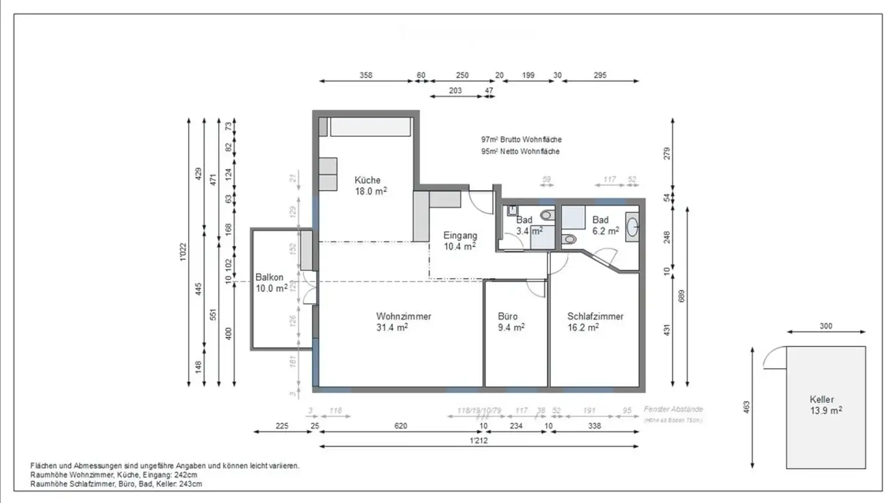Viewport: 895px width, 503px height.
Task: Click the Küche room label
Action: (x=367, y=186)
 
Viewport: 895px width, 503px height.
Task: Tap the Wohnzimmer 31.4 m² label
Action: (x=403, y=322)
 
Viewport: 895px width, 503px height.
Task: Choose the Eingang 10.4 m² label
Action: (x=460, y=241)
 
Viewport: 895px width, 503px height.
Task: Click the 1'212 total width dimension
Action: (x=478, y=440)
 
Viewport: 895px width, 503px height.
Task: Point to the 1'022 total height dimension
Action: (x=183, y=251)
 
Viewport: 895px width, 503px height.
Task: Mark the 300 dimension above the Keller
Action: (x=825, y=326)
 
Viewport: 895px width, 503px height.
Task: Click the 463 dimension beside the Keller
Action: (x=747, y=407)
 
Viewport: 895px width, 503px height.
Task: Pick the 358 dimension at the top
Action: (x=366, y=76)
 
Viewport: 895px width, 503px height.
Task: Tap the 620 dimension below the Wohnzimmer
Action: (x=400, y=425)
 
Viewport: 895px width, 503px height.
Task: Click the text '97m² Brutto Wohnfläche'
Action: (x=521, y=140)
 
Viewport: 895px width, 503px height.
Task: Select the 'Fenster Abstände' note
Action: (x=674, y=409)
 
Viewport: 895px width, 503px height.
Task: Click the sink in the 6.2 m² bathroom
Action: (x=632, y=227)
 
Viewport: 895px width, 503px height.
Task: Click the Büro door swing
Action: (x=535, y=288)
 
